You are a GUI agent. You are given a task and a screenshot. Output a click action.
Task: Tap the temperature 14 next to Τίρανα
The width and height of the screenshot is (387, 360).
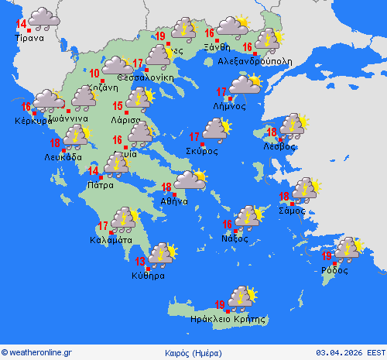pos(21,24)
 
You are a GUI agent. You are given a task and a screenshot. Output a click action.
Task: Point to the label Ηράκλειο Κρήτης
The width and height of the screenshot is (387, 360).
pos(228,318)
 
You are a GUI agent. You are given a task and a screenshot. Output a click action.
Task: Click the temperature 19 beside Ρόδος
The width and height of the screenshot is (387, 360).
pos(327,255)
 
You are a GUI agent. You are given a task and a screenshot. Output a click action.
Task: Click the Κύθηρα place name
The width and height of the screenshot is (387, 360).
pos(149,275)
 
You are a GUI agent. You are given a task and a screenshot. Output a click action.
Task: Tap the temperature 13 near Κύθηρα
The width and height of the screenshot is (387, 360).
pos(141,261)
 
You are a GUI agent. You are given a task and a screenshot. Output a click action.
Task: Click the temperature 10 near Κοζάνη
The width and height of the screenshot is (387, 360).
pos(94,74)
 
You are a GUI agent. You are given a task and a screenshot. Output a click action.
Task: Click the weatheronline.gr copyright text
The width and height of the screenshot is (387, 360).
pos(37,351)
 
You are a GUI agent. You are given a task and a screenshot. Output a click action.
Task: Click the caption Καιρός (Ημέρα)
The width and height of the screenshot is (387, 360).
pos(192,351)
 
